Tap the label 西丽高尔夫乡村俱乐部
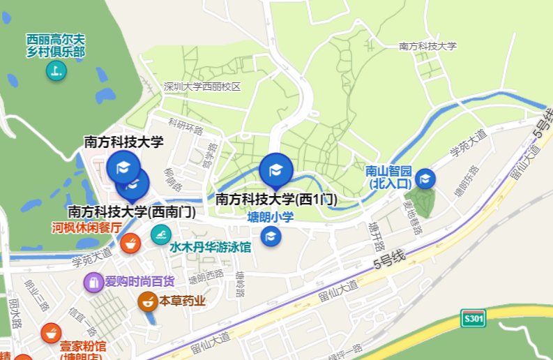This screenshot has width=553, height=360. [x=56, y=45]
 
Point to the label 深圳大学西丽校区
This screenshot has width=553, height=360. [x=202, y=87]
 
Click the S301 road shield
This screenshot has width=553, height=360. [x=474, y=319]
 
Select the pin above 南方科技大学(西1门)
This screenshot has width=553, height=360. [x=276, y=171]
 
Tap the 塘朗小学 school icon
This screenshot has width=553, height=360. [x=271, y=237]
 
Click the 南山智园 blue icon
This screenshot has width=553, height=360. [x=425, y=179]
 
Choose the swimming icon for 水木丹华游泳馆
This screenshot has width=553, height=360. [x=160, y=234]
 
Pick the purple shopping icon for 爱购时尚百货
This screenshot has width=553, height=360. [x=93, y=282]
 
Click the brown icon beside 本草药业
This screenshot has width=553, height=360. [x=148, y=301]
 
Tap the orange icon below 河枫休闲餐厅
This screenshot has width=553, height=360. [x=129, y=243]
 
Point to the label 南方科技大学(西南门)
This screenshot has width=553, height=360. [x=131, y=211]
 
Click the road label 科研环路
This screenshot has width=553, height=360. [x=185, y=128]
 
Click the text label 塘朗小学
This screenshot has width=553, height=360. [x=271, y=217]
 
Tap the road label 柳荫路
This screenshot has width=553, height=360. [x=172, y=179]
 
